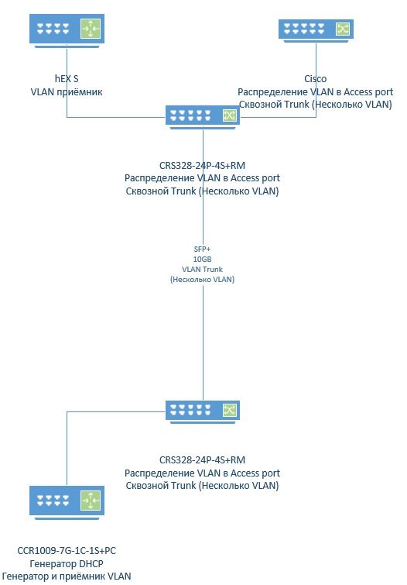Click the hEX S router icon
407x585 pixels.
[67, 30]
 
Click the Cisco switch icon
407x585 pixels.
[316, 31]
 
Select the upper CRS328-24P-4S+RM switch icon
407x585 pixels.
[203, 117]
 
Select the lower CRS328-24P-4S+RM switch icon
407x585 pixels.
[203, 412]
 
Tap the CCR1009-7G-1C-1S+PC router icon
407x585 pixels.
[67, 503]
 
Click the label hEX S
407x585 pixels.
[67, 79]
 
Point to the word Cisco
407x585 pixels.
[316, 79]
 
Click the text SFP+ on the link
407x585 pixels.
[203, 249]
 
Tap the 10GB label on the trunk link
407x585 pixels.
[203, 259]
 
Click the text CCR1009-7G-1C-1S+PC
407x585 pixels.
[67, 551]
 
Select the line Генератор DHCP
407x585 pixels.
[67, 564]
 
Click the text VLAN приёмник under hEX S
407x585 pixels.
[67, 91]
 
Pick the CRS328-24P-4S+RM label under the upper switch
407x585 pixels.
[203, 165]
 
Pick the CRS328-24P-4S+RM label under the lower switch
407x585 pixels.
[203, 460]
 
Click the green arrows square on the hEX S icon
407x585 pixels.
[91, 29]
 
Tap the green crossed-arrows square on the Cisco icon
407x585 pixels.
[343, 29]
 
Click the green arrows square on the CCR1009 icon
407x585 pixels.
[91, 501]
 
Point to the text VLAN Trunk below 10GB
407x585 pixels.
[203, 269]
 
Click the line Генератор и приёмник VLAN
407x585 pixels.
[67, 576]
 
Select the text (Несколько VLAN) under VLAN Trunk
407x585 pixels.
[203, 280]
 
